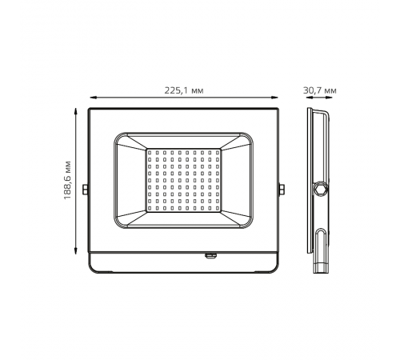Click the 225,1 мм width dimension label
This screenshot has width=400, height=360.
183,90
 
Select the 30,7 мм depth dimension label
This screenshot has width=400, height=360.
320,90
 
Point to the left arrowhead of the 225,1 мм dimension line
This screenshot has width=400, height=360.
90,98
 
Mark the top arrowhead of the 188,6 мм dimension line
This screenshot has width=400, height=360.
77,110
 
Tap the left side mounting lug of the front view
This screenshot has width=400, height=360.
86,190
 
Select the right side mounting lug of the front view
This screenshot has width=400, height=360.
281,190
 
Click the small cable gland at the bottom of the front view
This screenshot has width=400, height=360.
210,256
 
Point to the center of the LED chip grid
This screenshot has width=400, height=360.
183,181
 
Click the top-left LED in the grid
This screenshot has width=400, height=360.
150,150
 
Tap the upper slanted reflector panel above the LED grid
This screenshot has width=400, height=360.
183,141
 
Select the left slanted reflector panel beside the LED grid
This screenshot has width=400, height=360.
131,181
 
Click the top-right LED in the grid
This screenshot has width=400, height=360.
217,150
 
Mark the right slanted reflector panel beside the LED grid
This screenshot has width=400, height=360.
235,181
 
